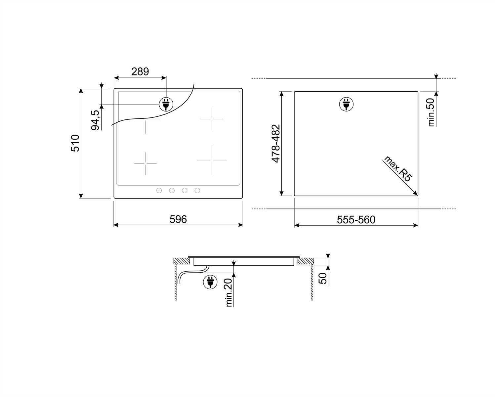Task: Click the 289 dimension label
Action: (140, 71)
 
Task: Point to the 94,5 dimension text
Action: (96, 120)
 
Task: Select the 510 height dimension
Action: (76, 143)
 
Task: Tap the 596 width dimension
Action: (178, 219)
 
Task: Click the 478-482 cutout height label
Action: (276, 143)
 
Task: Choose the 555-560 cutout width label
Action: (356, 219)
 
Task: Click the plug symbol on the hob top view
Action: (166, 104)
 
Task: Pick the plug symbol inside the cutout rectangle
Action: (346, 104)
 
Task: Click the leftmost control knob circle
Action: (159, 190)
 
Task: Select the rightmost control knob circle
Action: (197, 190)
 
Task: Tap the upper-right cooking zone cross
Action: (212, 119)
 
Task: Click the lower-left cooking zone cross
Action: (145, 163)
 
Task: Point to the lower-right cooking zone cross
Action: (212, 160)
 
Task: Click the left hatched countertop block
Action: (182, 261)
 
